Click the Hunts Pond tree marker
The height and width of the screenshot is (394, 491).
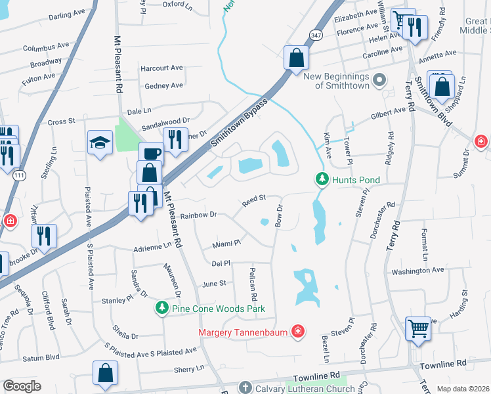point(322,179)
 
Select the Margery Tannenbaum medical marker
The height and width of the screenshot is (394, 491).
point(298,332)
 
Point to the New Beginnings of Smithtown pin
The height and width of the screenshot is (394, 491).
point(379,81)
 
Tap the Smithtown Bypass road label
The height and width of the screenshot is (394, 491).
point(239,125)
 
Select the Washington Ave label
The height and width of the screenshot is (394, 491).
point(418,270)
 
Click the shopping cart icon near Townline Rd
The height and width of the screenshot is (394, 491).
point(418,328)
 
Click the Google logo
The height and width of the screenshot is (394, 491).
point(22,386)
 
